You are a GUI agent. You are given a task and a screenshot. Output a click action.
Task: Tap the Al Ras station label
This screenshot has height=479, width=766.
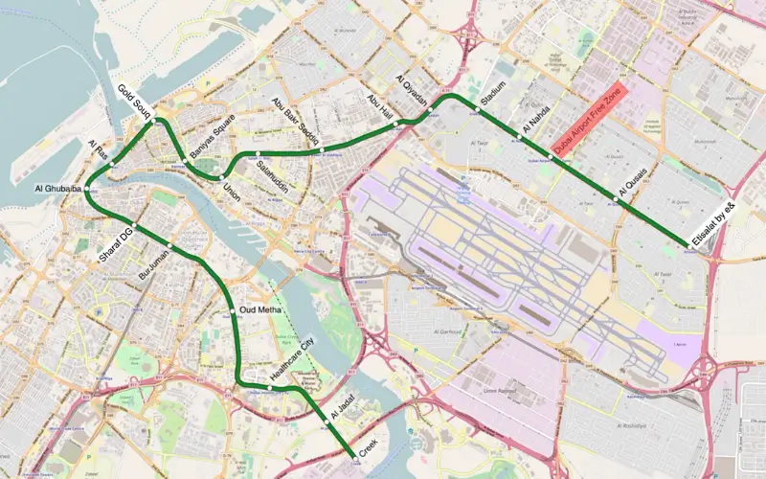coord(99,149)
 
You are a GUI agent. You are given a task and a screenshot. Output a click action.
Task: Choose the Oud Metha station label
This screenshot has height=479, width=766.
coord(260,310)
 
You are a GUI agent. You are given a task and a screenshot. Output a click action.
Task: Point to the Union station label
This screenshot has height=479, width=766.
coord(233,191)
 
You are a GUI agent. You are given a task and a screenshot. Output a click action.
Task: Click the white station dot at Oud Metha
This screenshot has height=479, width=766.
coord(233,310)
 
